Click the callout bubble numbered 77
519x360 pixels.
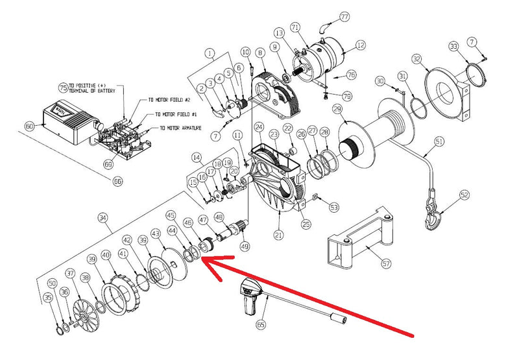(x=344, y=16)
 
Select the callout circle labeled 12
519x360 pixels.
(x=361, y=45)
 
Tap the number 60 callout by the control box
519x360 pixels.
(x=29, y=126)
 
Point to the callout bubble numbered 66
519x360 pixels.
(x=117, y=182)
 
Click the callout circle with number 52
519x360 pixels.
(x=464, y=195)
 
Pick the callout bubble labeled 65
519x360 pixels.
(x=262, y=323)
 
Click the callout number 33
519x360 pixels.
(x=453, y=46)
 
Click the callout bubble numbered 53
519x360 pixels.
(x=334, y=208)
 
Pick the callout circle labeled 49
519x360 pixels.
(x=244, y=246)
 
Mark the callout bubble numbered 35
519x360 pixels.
(x=47, y=298)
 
